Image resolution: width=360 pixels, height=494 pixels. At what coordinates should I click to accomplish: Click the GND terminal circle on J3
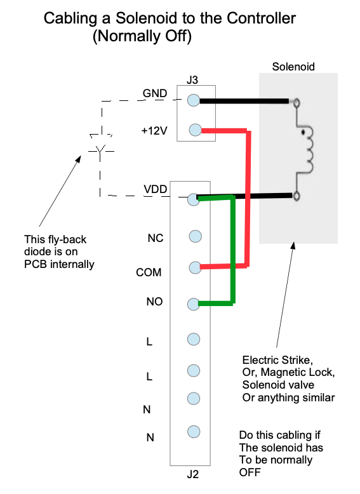[194, 100]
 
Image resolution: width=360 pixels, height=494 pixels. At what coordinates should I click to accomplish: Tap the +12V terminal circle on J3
[196, 130]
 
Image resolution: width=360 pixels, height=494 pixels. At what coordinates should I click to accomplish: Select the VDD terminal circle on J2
[194, 200]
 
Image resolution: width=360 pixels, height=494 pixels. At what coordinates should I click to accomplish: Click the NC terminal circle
[196, 236]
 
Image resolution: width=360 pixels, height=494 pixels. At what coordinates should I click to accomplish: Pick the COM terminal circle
[196, 267]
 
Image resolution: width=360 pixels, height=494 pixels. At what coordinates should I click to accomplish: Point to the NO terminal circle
[194, 304]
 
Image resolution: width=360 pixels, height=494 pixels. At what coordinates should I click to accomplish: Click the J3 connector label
[192, 80]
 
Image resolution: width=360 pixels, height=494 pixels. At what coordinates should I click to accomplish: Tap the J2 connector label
[193, 474]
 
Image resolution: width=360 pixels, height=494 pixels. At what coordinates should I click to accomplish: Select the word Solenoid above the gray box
[293, 67]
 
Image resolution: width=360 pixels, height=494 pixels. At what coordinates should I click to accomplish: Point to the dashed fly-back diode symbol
[100, 147]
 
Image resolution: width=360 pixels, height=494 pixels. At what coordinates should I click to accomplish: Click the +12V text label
[154, 130]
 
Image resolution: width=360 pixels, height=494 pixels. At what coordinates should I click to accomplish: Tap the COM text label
[149, 272]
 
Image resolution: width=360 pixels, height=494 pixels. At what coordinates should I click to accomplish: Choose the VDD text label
[156, 189]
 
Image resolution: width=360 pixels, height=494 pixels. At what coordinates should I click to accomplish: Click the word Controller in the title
[261, 18]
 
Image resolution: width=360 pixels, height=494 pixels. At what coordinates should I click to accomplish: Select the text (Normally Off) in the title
[142, 36]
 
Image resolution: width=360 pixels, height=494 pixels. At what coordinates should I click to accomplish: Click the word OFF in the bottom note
[250, 472]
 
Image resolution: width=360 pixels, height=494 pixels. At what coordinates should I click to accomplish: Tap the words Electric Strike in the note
[277, 360]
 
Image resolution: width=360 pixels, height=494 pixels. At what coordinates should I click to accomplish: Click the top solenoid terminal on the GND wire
[297, 102]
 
